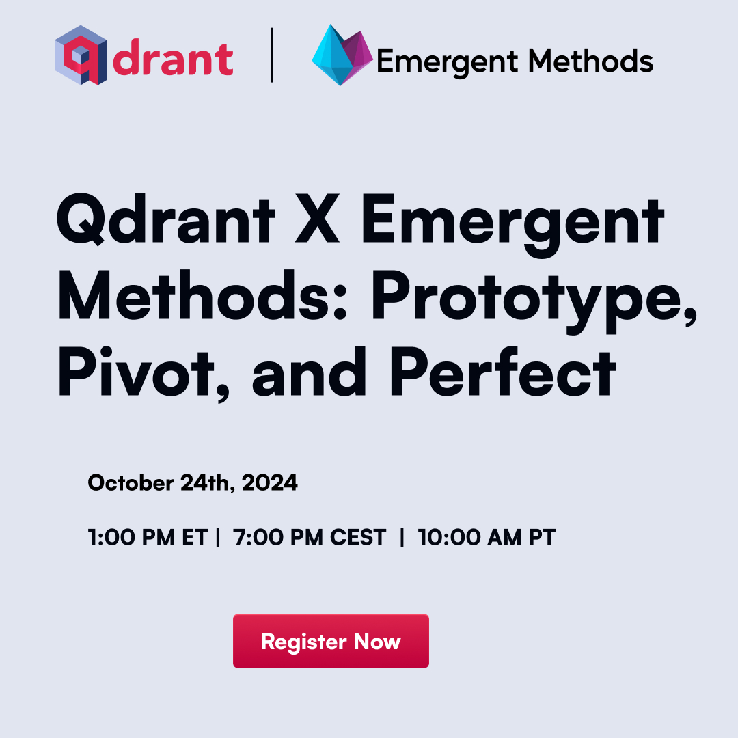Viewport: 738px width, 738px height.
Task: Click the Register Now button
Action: pyautogui.click(x=331, y=640)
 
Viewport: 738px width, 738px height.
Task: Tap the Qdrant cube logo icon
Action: pyautogui.click(x=81, y=55)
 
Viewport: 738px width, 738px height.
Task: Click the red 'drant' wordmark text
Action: pyautogui.click(x=173, y=58)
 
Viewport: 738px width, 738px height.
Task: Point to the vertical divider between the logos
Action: pyautogui.click(x=272, y=55)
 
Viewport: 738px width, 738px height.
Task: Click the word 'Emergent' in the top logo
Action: pyautogui.click(x=448, y=62)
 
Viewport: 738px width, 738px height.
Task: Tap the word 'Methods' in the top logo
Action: pyautogui.click(x=590, y=61)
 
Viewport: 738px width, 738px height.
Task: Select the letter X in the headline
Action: pyautogui.click(x=317, y=219)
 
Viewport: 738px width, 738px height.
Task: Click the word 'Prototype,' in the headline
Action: pyautogui.click(x=534, y=300)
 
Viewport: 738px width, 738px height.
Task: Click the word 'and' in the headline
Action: pyautogui.click(x=310, y=372)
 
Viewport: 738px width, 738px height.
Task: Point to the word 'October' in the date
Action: pyautogui.click(x=131, y=483)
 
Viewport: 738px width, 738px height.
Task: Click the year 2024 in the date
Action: pyautogui.click(x=270, y=483)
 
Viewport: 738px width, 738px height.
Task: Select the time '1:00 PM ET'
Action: pyautogui.click(x=148, y=537)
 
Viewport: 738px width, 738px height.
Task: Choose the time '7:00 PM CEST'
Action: pyautogui.click(x=310, y=537)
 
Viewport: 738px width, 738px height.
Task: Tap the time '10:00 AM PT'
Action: pyautogui.click(x=487, y=537)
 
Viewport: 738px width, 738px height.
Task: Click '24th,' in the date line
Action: pyautogui.click(x=208, y=483)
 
